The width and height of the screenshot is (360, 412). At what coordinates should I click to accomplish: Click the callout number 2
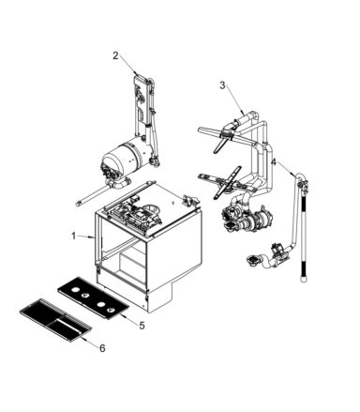pos(116,56)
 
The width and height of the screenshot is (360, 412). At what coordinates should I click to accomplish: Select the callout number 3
pos(222,85)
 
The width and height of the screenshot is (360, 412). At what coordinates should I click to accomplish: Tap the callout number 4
pos(273,161)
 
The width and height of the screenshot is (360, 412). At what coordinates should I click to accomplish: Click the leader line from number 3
pos(233,99)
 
